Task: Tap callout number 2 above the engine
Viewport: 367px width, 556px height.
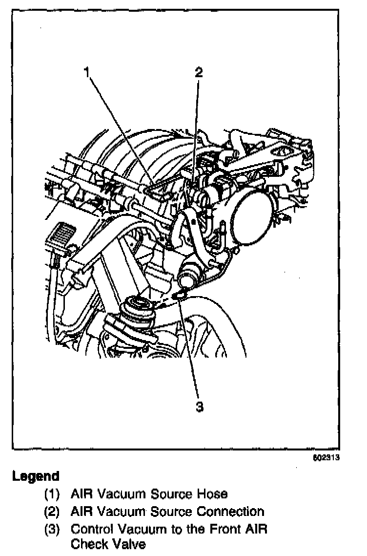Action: (x=199, y=72)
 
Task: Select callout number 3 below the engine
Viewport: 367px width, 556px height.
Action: (x=199, y=406)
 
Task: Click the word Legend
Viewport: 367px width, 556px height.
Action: (x=36, y=475)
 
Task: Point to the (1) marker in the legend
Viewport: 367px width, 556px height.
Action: (x=52, y=494)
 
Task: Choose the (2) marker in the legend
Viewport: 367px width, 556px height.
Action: (x=52, y=512)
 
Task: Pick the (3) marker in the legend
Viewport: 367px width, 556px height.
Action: (x=52, y=529)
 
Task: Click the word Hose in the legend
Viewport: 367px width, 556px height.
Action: (x=213, y=494)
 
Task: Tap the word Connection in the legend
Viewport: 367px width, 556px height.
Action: (x=230, y=512)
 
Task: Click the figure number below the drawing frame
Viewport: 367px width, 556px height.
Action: (x=326, y=458)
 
